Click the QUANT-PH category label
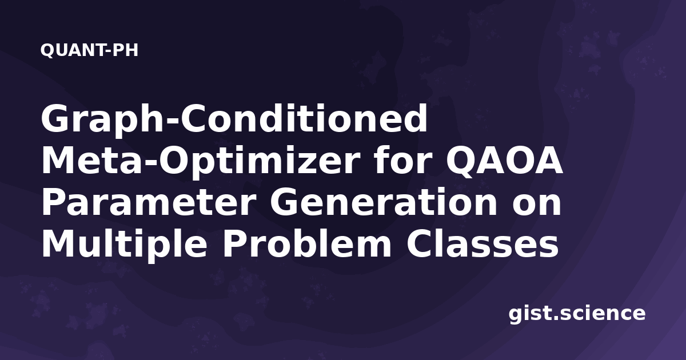89,50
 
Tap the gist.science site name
577,314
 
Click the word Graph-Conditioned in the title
234,120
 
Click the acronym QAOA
504,161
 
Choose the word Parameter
149,203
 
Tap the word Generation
384,202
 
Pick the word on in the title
537,206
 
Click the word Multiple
124,245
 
